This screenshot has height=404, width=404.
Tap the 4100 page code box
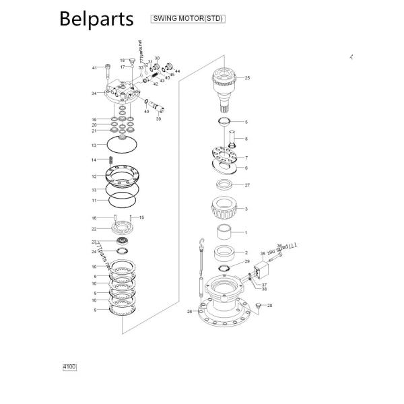pyautogui.click(x=69, y=367)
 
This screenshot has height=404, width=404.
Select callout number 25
pyautogui.click(x=247, y=78)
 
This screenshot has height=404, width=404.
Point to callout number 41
pyautogui.click(x=94, y=68)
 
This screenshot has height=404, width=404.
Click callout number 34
pyautogui.click(x=94, y=94)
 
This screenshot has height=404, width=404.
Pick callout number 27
pyautogui.click(x=247, y=185)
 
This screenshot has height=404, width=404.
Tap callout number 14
pyautogui.click(x=94, y=160)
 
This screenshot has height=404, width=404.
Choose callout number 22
pyautogui.click(x=94, y=229)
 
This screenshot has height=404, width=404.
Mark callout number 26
pyautogui.click(x=190, y=312)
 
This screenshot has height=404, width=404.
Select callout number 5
pyautogui.click(x=246, y=122)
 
